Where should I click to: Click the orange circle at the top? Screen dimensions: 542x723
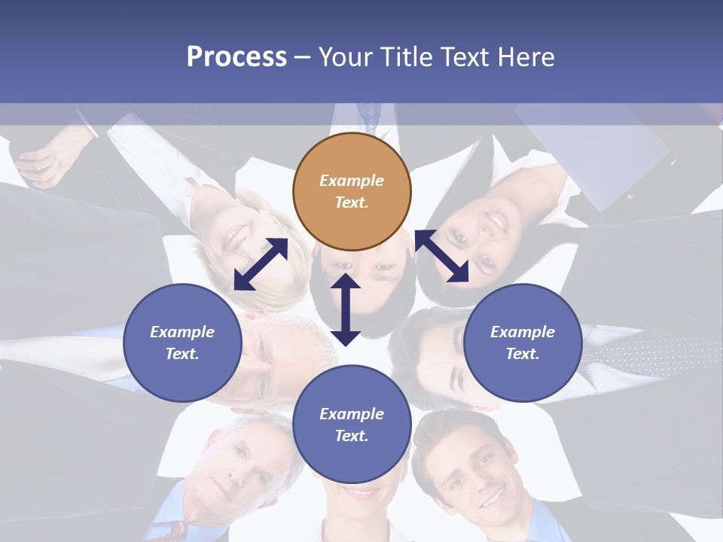coord(352,191)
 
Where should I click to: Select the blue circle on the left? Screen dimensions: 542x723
coord(182,343)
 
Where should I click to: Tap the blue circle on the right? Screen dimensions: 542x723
coord(523,343)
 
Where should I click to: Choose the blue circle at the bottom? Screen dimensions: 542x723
coord(352,425)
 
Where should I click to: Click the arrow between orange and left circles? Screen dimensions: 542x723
coord(261,264)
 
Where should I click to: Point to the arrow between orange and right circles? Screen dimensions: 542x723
coord(442,256)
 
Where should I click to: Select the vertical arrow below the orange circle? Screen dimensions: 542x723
coord(346,309)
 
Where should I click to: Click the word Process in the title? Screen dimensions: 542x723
coord(236,56)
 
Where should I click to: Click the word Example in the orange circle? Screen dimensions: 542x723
coord(352,181)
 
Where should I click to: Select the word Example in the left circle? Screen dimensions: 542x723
coord(182,332)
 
